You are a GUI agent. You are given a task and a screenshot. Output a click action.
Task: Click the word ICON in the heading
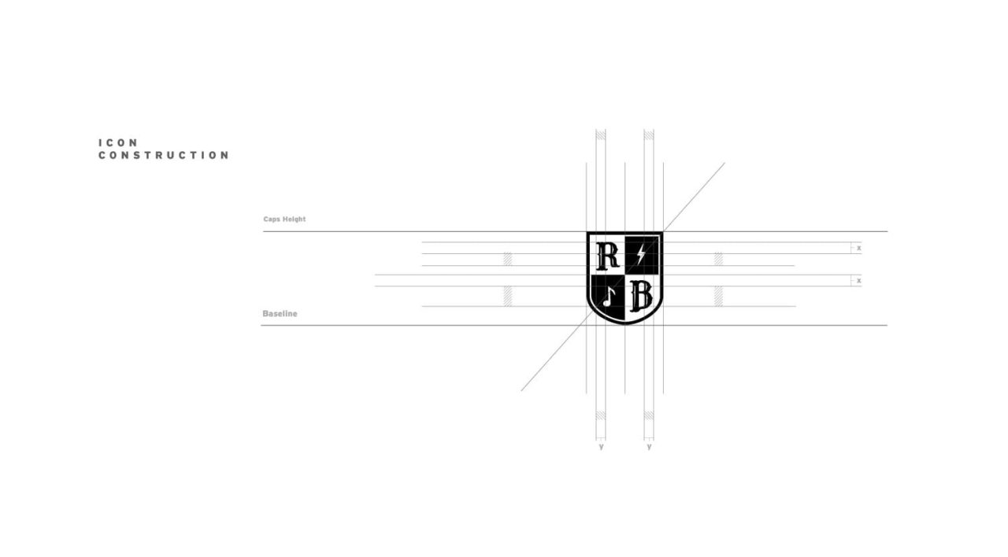pos(118,142)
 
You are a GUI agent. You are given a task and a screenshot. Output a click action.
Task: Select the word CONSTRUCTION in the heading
pos(164,155)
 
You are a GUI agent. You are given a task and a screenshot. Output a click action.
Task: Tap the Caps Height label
pos(284,219)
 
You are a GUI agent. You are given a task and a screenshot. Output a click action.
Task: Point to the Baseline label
pos(280,313)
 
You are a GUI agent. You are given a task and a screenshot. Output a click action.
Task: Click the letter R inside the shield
pos(607,256)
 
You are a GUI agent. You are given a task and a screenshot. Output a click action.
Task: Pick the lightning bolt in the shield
pos(641,255)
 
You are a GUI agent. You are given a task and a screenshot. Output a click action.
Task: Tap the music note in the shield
pos(609,297)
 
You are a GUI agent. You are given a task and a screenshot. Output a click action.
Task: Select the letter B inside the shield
pos(641,297)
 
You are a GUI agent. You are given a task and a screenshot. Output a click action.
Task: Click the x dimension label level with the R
pos(858,248)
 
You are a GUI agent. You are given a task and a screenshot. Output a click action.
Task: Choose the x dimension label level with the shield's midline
pos(858,281)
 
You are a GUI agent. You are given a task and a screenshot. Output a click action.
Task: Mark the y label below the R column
pos(601,446)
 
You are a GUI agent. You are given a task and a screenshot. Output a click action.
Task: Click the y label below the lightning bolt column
pos(649,446)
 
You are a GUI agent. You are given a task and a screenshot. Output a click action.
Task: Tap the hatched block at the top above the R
pos(601,135)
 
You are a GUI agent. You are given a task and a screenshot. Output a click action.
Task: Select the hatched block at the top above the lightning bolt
pos(649,135)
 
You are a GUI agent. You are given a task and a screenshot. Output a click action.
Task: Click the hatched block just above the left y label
pos(601,415)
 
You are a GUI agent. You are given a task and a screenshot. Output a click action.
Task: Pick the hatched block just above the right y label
pos(649,415)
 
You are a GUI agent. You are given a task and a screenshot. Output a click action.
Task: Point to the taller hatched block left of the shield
pos(508,297)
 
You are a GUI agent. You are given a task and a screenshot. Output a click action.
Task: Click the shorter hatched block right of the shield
pos(719,260)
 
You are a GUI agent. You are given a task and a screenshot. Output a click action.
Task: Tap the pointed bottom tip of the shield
pos(624,324)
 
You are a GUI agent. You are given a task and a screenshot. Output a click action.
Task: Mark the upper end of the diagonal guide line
pos(724,163)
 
